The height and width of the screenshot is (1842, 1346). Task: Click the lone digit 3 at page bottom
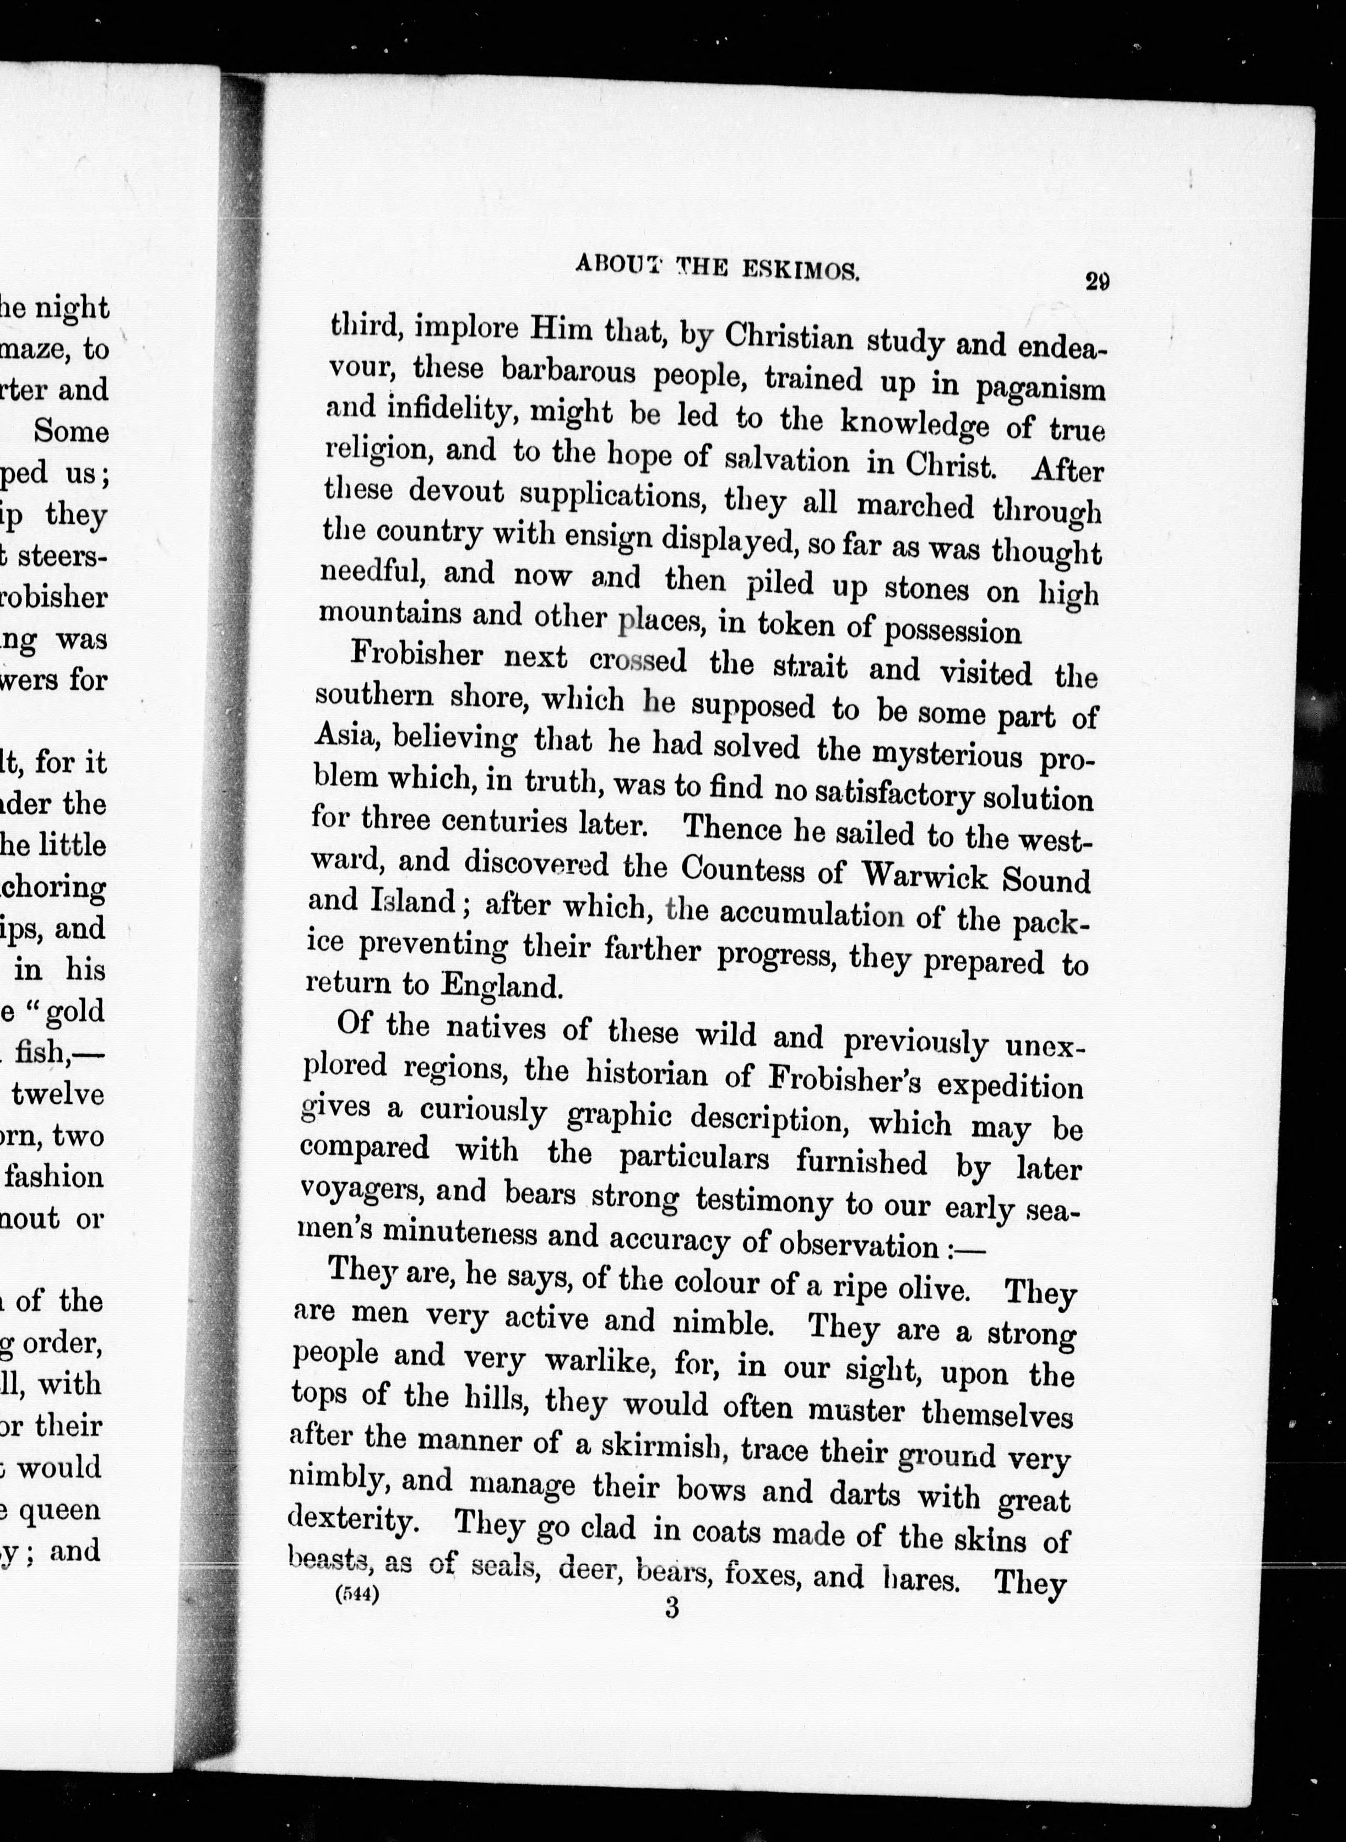point(671,1607)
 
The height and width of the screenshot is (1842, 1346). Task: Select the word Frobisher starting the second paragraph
point(416,655)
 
